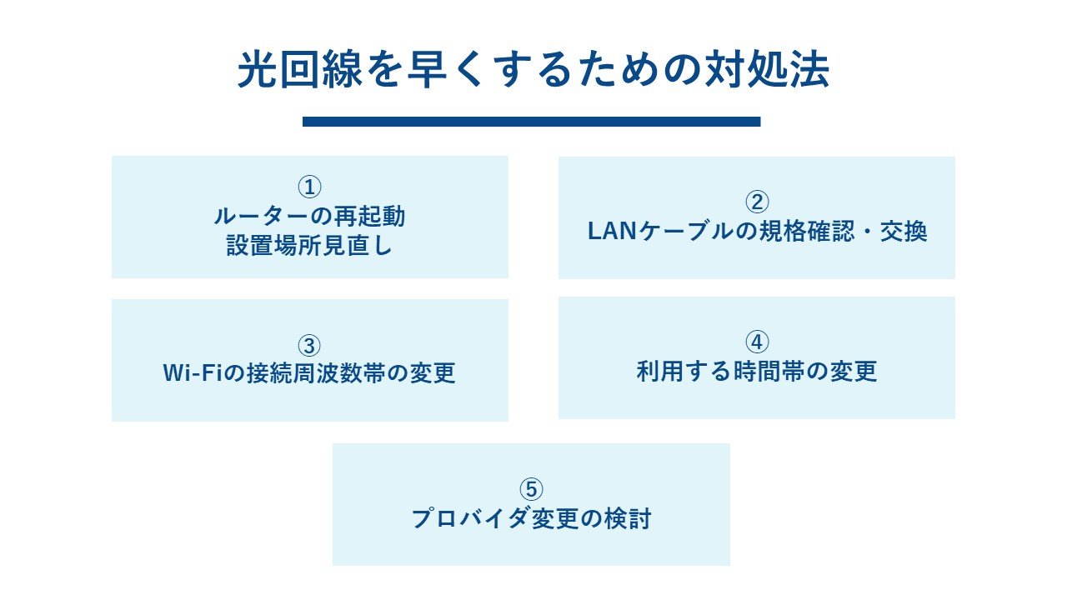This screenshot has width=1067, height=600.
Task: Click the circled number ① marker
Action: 309,187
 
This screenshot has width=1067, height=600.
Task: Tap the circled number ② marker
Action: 757,202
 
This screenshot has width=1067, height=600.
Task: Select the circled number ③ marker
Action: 309,346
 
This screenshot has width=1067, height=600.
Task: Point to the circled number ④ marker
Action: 757,342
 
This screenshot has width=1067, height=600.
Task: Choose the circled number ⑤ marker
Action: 531,489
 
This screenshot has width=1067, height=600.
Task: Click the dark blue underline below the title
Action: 532,122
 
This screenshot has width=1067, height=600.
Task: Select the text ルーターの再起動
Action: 309,217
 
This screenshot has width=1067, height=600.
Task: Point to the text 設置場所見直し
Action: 309,246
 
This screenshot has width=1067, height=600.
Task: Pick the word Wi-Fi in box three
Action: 193,372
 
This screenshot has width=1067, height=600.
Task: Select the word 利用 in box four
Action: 659,371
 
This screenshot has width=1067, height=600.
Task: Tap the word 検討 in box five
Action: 628,518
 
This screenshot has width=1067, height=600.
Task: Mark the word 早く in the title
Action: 448,70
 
